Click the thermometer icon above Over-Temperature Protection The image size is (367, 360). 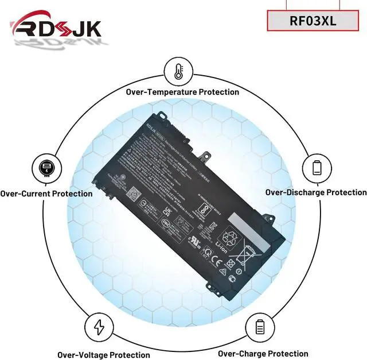pos(178,72)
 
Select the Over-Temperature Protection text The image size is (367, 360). pos(182,92)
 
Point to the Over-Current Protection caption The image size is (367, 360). pos(46,193)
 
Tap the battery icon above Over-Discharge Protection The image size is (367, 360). pos(317,167)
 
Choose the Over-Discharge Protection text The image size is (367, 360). pos(316,192)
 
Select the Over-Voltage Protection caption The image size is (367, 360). pos(103,355)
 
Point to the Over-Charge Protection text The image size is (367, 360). pos(263,354)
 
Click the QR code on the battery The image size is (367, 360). pos(132,193)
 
